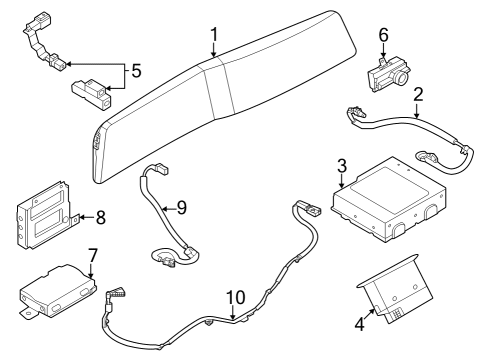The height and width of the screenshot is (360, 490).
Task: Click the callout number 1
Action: pyautogui.click(x=214, y=39)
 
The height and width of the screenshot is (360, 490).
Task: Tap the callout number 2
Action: pyautogui.click(x=418, y=96)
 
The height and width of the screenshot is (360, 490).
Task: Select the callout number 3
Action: pyautogui.click(x=342, y=166)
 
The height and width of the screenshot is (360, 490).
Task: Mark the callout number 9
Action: pyautogui.click(x=181, y=208)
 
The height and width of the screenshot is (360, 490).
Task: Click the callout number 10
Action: pyautogui.click(x=234, y=297)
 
